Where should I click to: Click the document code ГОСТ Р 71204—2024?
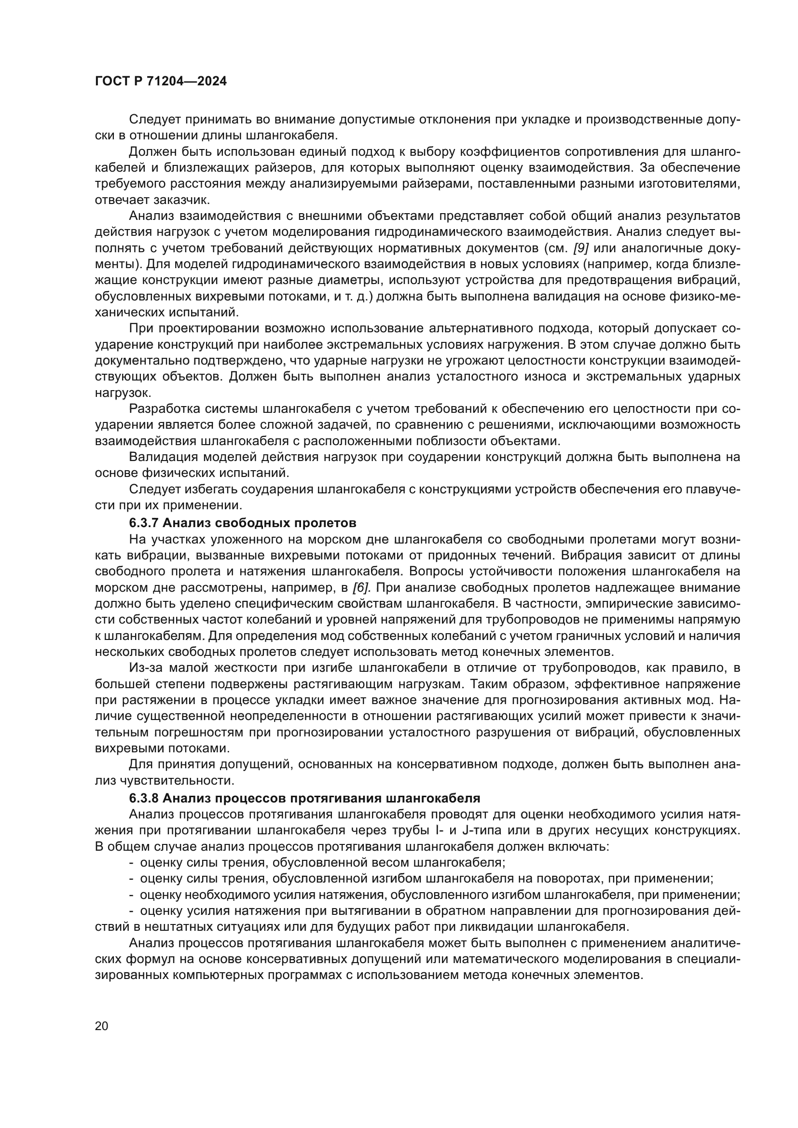[x=161, y=82]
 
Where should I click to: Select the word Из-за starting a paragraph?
[x=143, y=667]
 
